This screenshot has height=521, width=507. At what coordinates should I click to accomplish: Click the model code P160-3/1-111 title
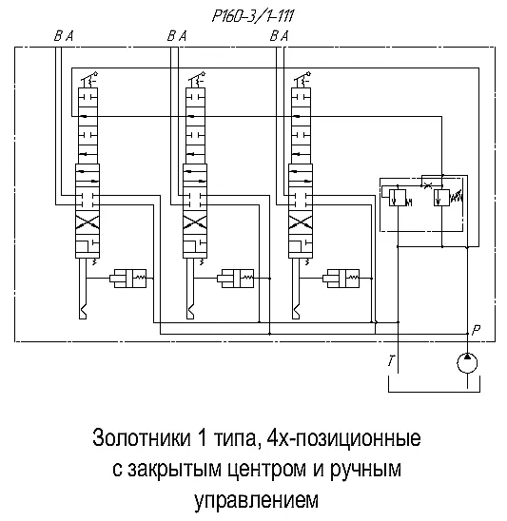point(253,16)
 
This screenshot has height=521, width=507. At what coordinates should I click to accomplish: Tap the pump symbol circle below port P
point(467,363)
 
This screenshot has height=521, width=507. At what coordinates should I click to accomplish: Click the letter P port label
point(476,330)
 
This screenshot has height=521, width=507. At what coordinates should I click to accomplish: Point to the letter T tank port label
point(392,360)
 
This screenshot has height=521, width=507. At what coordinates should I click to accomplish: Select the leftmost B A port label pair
point(64,36)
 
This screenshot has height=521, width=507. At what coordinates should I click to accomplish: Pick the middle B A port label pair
point(177,36)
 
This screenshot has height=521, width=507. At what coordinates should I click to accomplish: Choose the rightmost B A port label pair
point(279,36)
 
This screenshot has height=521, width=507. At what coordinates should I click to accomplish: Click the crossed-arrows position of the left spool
point(88,222)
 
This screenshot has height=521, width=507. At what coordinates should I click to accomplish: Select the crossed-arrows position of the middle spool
point(195,222)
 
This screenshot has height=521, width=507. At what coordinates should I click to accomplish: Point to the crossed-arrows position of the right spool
point(301,222)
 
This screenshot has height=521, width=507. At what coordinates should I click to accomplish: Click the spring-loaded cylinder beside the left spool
point(128,279)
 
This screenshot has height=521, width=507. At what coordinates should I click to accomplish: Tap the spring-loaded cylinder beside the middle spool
point(236,279)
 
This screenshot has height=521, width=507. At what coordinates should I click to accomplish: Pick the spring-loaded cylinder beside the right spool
point(341,279)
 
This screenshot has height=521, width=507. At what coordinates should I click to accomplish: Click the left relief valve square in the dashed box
point(398,198)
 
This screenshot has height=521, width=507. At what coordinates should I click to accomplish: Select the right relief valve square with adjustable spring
point(441,198)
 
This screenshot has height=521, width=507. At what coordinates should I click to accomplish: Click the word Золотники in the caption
point(142,438)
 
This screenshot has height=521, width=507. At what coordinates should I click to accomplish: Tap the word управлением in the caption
point(256,499)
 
